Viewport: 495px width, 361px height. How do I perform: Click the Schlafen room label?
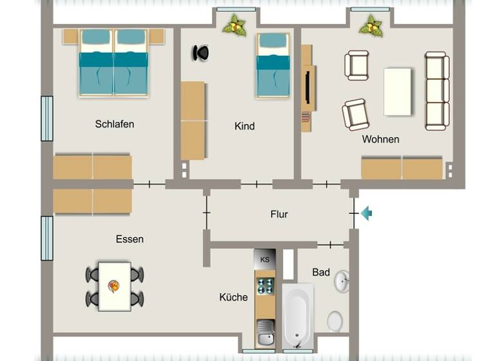(114, 124)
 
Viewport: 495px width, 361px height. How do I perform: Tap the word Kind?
(244, 126)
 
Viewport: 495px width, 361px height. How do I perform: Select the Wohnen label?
(380, 139)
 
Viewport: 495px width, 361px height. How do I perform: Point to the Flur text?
(279, 214)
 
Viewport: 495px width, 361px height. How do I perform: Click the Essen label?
(130, 239)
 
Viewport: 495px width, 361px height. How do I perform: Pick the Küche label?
(233, 297)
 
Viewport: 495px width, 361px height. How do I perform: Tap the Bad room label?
(321, 273)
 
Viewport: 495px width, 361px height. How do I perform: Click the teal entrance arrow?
(366, 213)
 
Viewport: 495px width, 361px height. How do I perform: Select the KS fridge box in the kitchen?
(264, 259)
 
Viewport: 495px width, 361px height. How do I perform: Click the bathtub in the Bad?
(298, 316)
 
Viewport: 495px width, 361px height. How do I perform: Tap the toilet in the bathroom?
(335, 320)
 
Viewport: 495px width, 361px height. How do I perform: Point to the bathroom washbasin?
(342, 280)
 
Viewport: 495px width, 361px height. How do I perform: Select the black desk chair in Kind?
(200, 53)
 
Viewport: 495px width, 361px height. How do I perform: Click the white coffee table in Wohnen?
(397, 91)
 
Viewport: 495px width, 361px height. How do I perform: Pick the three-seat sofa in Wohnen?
(436, 90)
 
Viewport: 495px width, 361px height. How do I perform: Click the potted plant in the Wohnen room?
(370, 26)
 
